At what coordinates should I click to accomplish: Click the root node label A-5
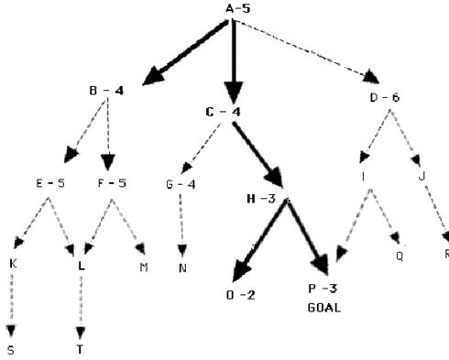click(x=238, y=8)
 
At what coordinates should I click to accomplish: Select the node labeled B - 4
click(x=106, y=91)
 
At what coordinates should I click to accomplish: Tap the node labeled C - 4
click(x=223, y=112)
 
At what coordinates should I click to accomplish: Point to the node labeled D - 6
click(x=385, y=98)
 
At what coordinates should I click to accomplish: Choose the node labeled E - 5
click(x=50, y=183)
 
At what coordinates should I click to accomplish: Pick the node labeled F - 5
click(x=112, y=183)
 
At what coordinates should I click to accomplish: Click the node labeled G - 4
click(x=181, y=184)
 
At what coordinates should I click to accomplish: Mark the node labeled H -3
click(x=261, y=199)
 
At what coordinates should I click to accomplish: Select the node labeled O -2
click(x=241, y=295)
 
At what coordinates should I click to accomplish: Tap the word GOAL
click(x=324, y=308)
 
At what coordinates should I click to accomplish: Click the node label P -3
click(x=323, y=289)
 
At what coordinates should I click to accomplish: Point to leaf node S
click(x=11, y=350)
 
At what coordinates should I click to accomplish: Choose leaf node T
click(x=80, y=349)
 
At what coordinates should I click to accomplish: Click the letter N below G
click(x=182, y=268)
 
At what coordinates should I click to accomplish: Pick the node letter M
click(x=144, y=267)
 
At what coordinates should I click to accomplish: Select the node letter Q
click(x=400, y=256)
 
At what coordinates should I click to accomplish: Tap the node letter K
click(x=13, y=264)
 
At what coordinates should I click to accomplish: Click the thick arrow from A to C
click(x=234, y=61)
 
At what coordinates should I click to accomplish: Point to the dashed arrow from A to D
click(x=306, y=51)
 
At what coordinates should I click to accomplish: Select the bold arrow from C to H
click(x=258, y=155)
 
